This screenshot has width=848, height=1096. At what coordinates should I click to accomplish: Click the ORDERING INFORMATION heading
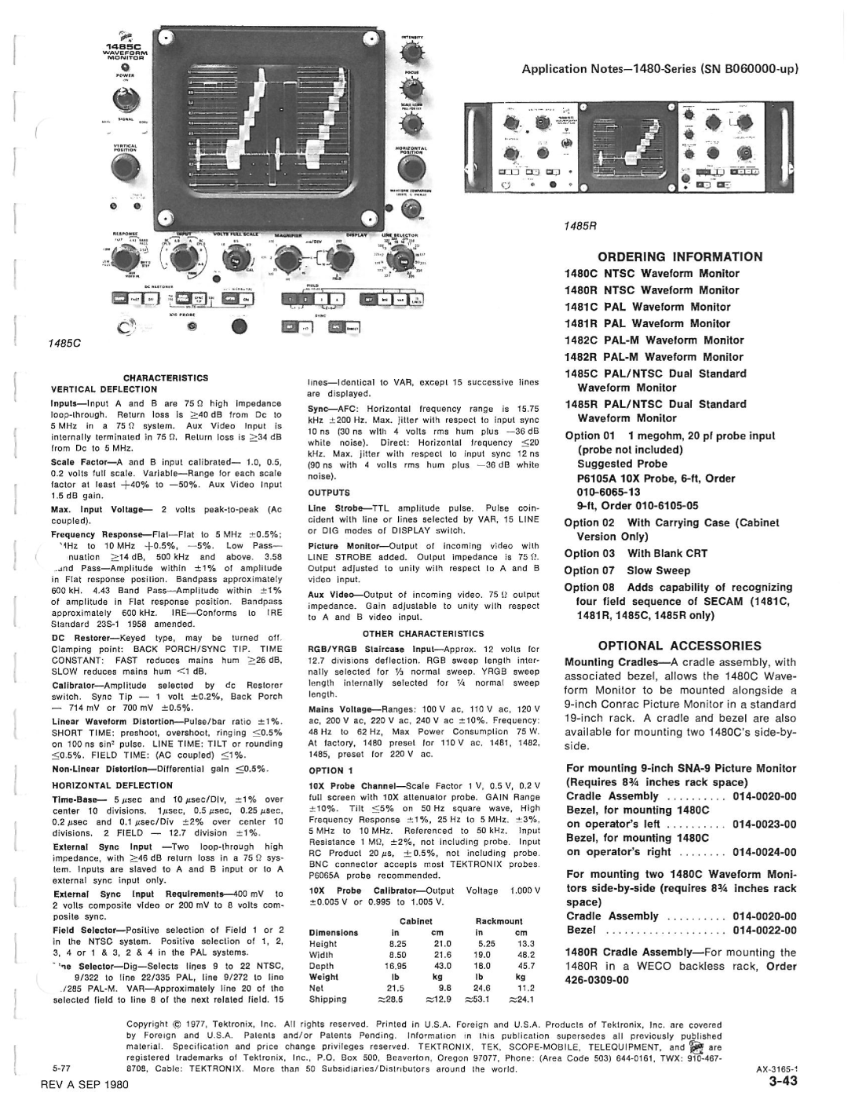681,257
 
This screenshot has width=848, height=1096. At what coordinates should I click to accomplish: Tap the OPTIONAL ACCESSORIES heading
681,646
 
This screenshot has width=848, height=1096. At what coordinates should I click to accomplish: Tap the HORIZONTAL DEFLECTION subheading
111,785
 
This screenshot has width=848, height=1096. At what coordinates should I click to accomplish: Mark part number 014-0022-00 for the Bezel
765,930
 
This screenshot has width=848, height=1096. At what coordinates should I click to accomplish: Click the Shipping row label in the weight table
328,1000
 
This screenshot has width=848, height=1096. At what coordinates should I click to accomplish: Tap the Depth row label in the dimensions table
322,966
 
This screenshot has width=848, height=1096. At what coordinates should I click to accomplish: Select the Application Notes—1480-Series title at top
660,68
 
